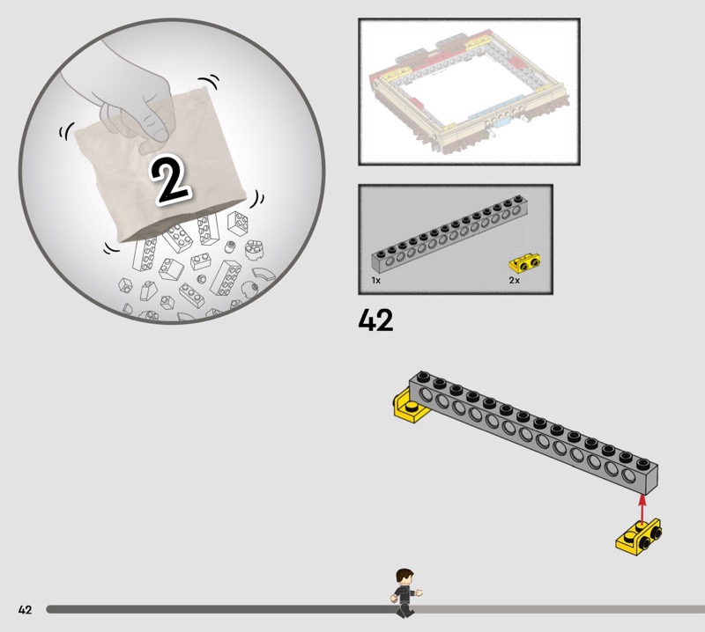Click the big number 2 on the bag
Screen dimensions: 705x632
coord(170,180)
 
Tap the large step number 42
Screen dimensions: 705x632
coord(375,320)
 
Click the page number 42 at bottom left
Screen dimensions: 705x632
coord(26,609)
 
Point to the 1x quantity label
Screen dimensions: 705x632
coord(376,280)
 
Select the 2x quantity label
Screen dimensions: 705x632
coord(515,280)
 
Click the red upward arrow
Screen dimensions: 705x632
coord(642,509)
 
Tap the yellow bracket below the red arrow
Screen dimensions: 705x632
coord(638,537)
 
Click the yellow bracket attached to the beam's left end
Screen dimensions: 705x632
coord(408,407)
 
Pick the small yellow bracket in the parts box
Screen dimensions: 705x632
coord(524,263)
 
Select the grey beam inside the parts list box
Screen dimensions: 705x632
coord(449,235)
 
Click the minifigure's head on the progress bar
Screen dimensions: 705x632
coord(404,577)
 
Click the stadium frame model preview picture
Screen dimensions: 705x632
coord(469,92)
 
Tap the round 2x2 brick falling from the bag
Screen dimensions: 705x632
coord(254,249)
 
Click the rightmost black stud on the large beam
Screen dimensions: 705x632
coord(642,462)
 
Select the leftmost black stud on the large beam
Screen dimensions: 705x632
coord(422,376)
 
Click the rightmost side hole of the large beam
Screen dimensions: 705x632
coord(629,474)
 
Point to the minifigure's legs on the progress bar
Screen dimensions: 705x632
coord(404,608)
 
